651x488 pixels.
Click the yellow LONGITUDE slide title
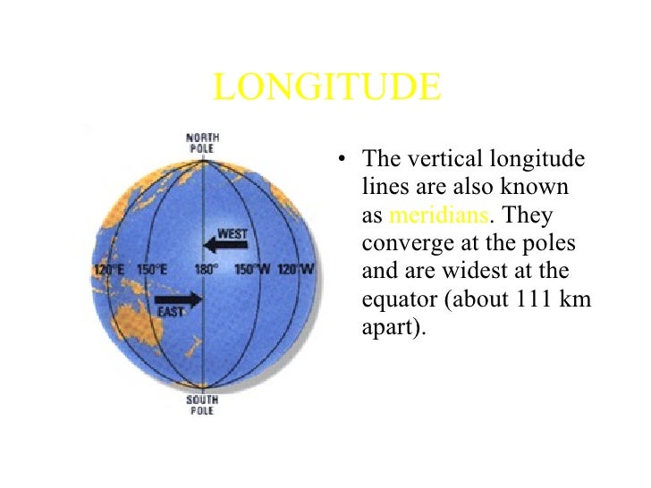click(x=327, y=88)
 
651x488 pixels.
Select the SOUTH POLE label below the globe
click(x=203, y=406)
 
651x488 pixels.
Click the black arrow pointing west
click(x=221, y=244)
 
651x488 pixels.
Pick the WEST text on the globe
click(x=232, y=231)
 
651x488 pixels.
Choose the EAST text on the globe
click(x=171, y=312)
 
